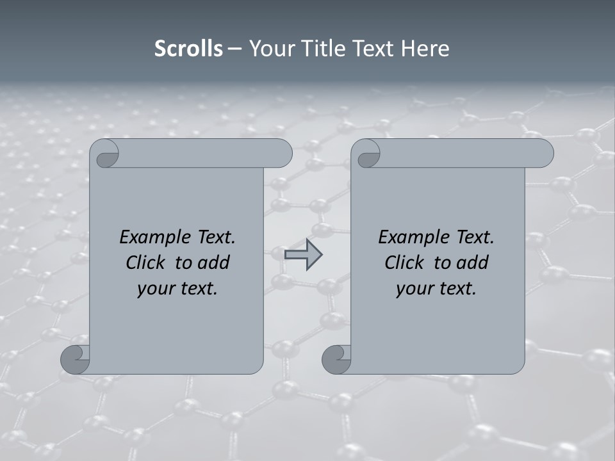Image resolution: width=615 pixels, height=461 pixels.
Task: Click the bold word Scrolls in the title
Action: click(x=188, y=49)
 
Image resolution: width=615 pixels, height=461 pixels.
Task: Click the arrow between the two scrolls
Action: click(x=303, y=255)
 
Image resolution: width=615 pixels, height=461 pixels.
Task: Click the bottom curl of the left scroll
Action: click(x=75, y=360)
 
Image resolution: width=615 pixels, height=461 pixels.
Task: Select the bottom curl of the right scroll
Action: click(x=336, y=360)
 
